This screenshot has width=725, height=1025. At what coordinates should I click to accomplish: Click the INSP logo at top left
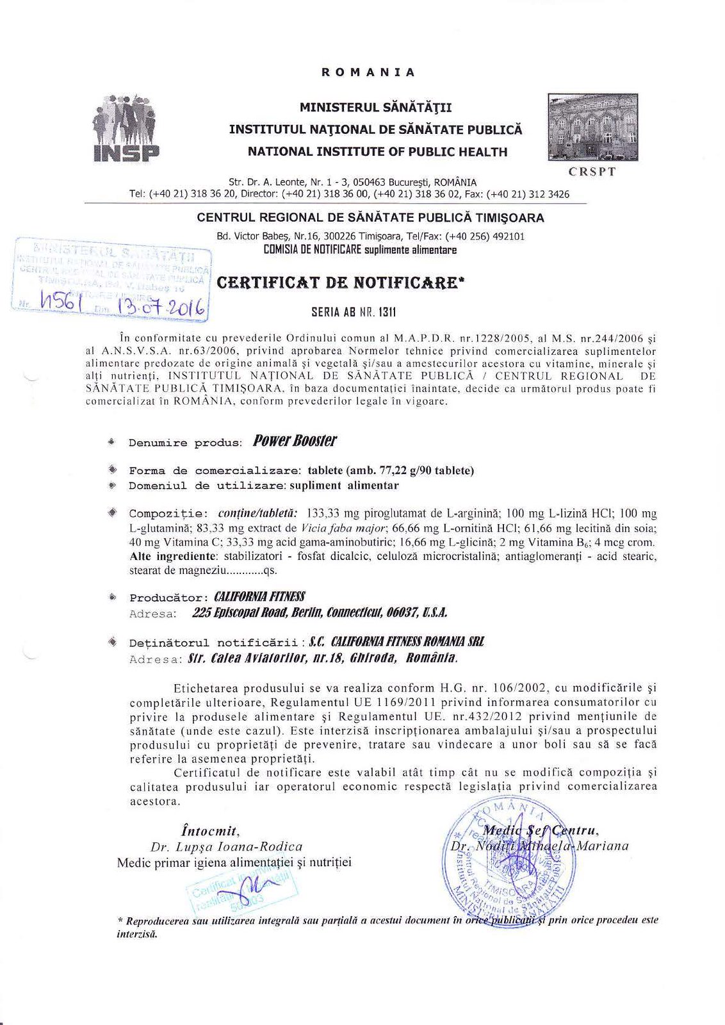coord(126,128)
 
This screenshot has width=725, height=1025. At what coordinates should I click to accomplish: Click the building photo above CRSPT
coord(592,126)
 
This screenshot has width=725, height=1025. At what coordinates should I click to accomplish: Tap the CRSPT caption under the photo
coord(592,172)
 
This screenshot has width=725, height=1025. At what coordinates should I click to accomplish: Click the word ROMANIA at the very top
coord(368,72)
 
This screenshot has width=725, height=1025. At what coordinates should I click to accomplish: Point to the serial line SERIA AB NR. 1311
coord(354,313)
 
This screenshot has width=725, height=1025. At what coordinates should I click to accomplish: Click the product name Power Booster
coord(295,441)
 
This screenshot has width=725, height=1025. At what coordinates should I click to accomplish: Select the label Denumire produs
coord(185,443)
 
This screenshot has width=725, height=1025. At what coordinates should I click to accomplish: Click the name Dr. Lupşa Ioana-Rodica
coord(226,846)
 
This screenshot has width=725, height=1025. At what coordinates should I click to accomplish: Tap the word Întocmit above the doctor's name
coord(210,831)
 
